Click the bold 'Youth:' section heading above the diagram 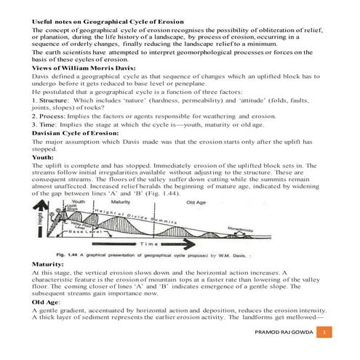[43, 157]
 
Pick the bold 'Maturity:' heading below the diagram [47, 263]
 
